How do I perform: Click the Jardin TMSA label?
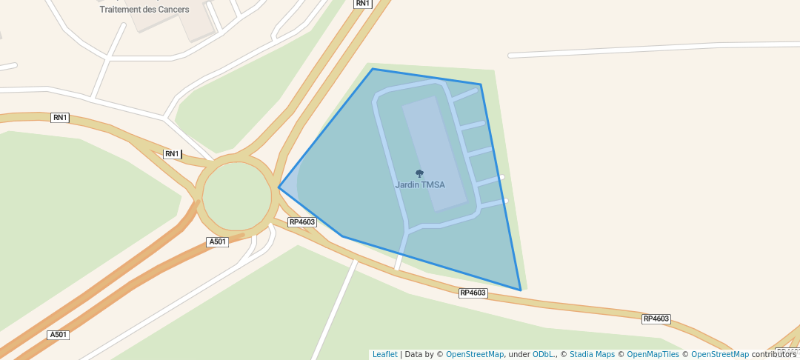point(420,185)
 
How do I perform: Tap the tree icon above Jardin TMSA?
point(420,174)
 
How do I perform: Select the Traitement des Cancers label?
point(144,10)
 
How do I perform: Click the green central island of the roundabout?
point(237,196)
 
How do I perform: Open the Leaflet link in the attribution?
point(384,355)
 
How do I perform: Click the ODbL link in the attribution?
point(542,355)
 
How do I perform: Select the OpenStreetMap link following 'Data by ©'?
point(475,355)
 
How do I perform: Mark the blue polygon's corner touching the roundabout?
point(279,187)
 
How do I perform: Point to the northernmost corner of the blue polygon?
point(373,69)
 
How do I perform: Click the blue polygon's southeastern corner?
point(521,290)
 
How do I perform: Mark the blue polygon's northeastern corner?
point(481,84)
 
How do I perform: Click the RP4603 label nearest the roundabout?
point(302,222)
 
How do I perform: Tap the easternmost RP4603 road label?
point(656,319)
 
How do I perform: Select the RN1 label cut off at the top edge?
point(362,4)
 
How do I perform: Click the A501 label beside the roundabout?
point(217,242)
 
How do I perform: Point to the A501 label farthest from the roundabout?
point(59,335)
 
